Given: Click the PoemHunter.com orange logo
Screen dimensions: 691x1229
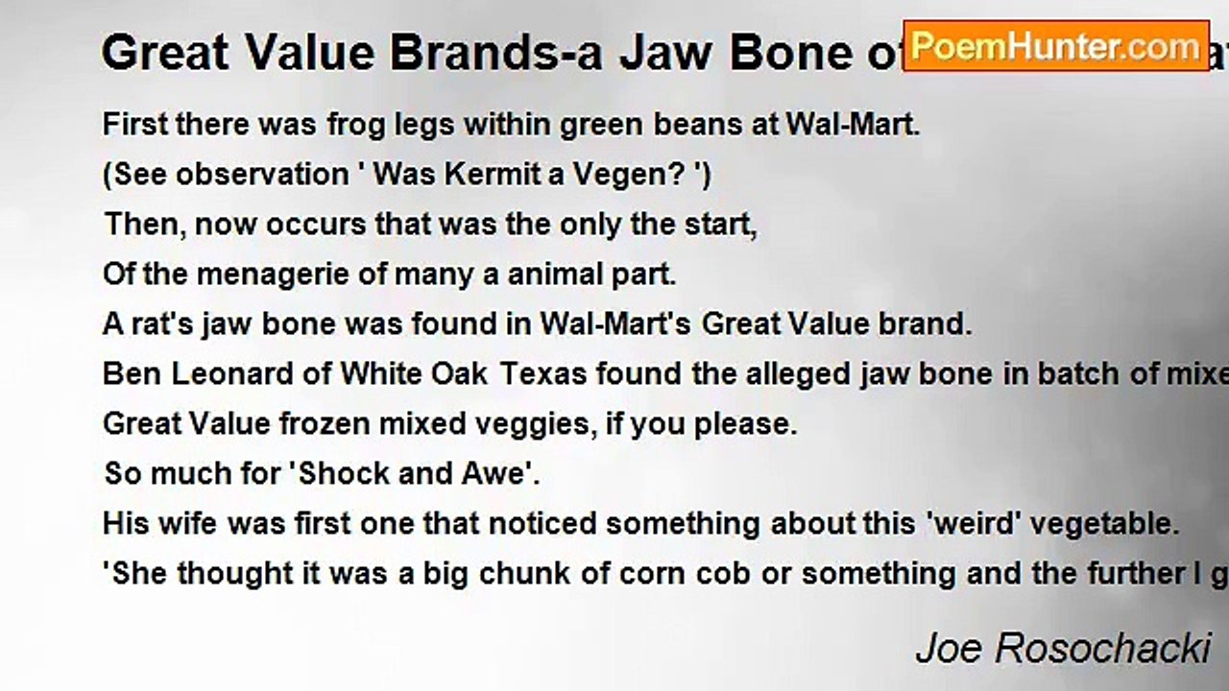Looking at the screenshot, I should (x=1055, y=45).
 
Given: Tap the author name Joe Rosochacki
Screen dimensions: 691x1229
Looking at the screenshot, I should (x=1062, y=649).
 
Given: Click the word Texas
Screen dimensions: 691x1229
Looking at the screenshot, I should (x=542, y=374).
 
